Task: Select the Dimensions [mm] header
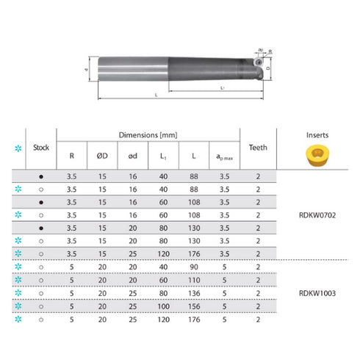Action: [149, 136]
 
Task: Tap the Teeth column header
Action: [258, 146]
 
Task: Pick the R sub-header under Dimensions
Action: [71, 156]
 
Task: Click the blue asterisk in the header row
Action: [18, 148]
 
